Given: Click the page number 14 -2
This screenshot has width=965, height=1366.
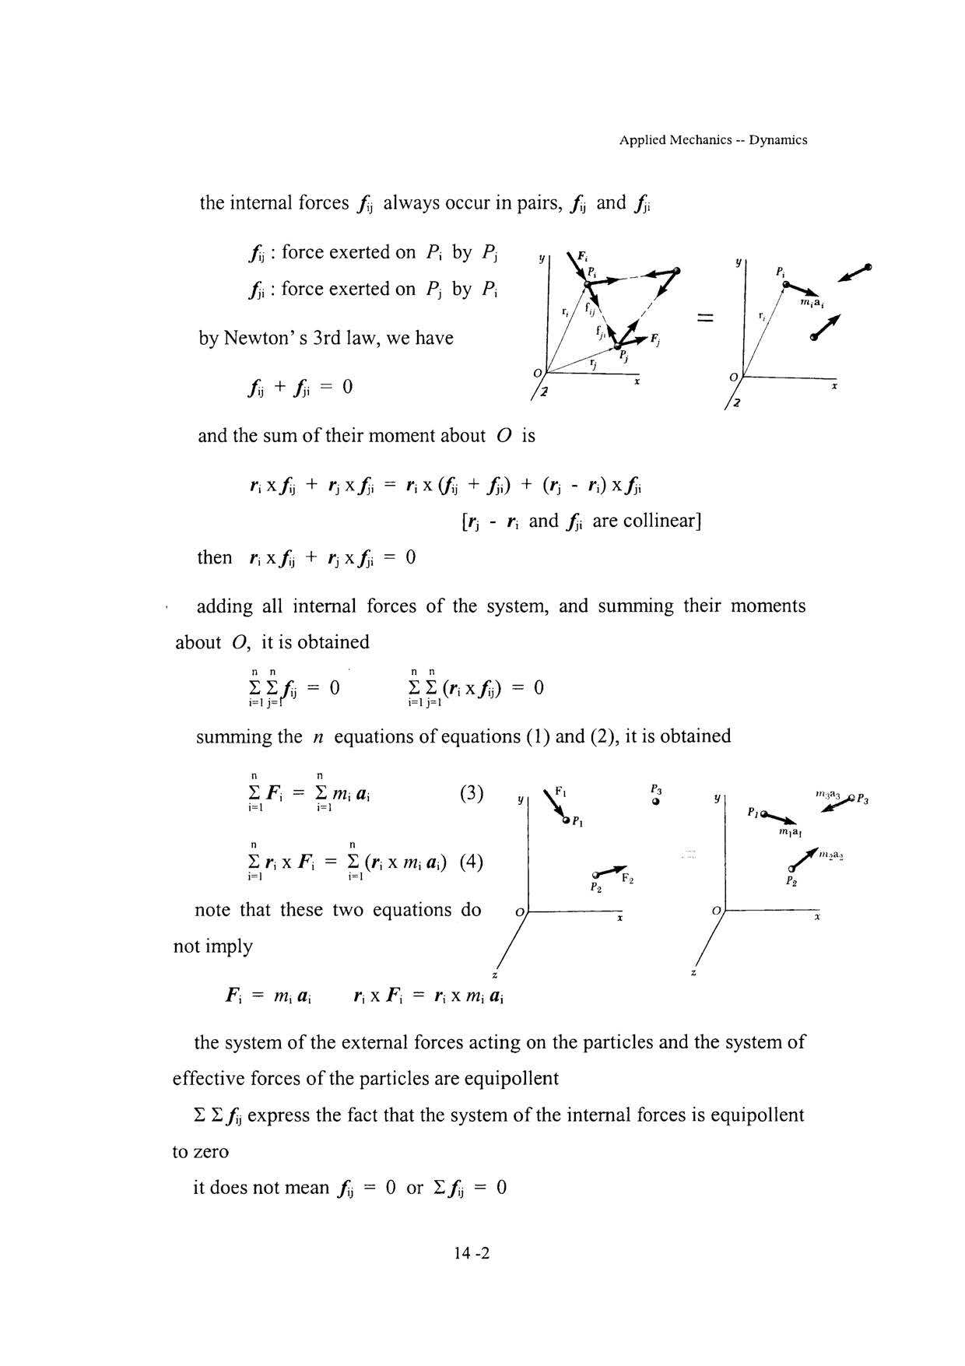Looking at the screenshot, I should (x=471, y=1253).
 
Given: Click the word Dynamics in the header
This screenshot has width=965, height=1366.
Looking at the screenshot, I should (x=777, y=140).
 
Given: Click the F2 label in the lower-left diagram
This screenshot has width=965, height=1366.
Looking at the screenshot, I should (x=627, y=880).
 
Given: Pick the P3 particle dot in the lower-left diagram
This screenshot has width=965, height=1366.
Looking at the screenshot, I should (x=656, y=801).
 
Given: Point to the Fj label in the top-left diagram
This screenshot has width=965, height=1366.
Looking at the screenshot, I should (x=655, y=340).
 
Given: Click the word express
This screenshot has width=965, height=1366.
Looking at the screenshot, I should (x=284, y=1115).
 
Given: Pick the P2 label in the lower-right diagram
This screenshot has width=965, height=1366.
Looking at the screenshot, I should (x=791, y=882).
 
